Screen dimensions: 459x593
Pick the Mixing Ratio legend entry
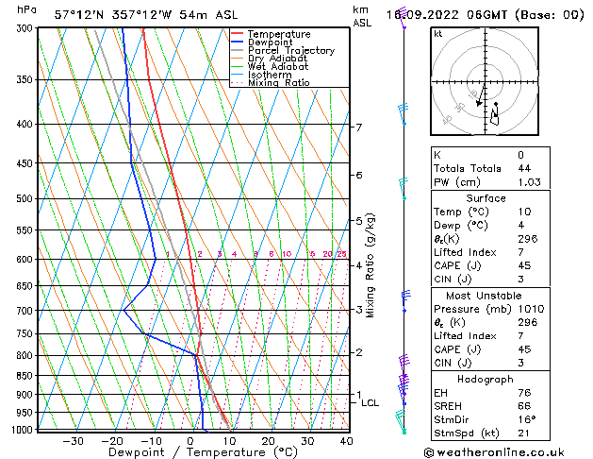click(x=278, y=83)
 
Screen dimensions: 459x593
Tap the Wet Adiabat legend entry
click(x=277, y=67)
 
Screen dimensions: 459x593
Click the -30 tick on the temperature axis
click(x=73, y=441)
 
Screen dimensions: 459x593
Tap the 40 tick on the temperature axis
click(x=346, y=441)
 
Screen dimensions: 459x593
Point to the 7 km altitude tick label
click(x=358, y=127)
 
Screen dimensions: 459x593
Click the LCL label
click(x=371, y=403)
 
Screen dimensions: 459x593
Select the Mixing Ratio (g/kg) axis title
click(x=371, y=265)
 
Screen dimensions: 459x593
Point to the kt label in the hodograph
click(x=437, y=34)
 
